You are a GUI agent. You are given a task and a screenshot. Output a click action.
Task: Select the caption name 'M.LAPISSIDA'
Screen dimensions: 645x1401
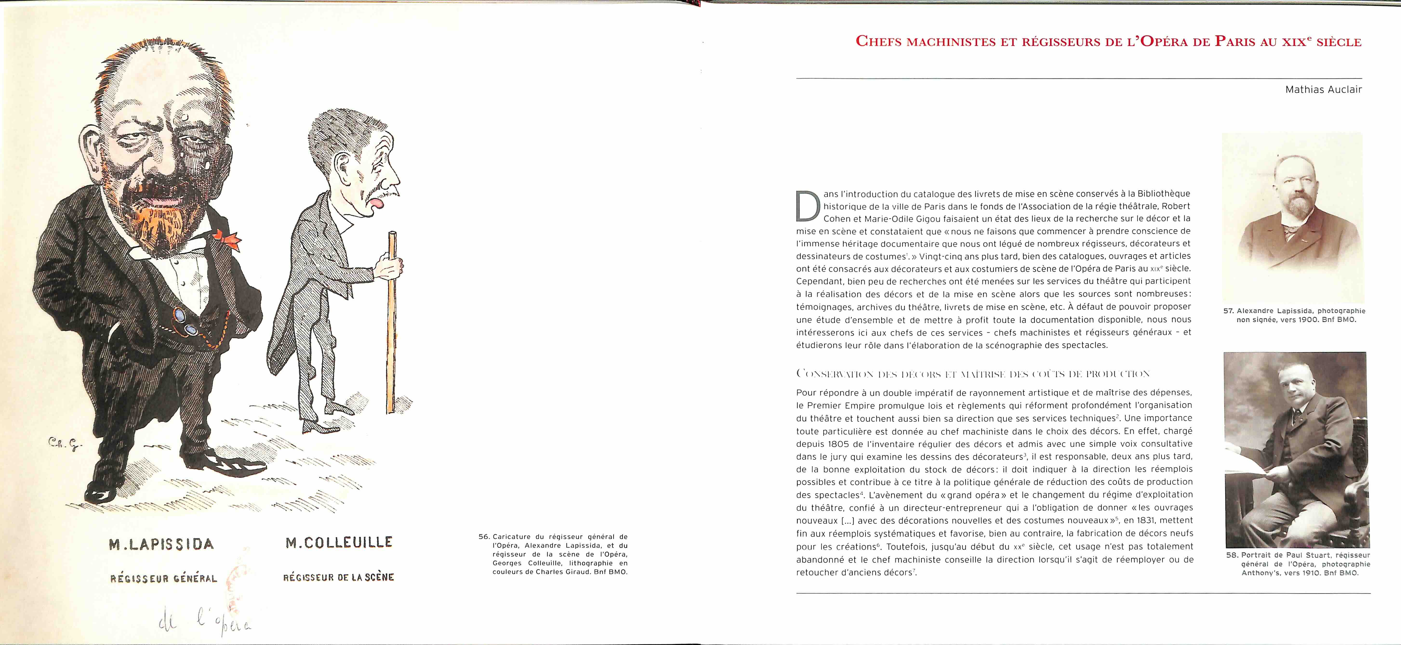pyautogui.click(x=161, y=544)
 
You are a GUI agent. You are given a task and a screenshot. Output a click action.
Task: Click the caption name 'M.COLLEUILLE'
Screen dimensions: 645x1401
pyautogui.click(x=339, y=542)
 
